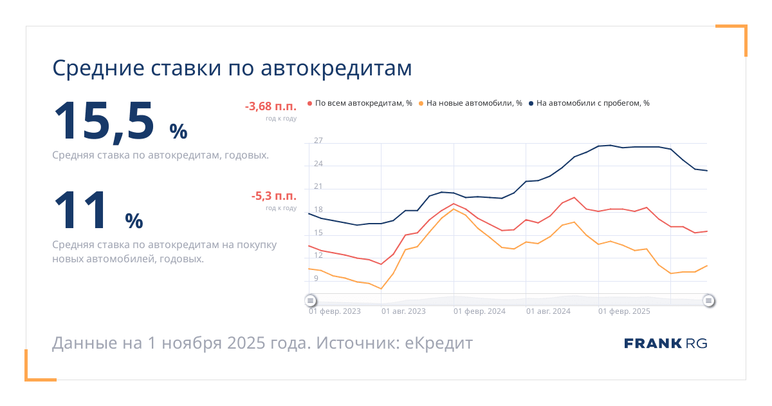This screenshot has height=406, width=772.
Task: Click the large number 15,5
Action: [104, 121]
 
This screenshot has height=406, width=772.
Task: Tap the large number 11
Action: [81, 210]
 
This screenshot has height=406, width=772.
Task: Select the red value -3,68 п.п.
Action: [270, 107]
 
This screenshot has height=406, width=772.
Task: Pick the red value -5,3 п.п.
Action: [273, 197]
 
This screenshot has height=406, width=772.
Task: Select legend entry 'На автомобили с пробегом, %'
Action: [593, 103]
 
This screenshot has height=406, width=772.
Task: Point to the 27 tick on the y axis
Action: [318, 140]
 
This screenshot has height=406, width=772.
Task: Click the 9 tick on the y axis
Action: [316, 278]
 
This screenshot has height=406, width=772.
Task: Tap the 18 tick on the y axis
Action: [318, 209]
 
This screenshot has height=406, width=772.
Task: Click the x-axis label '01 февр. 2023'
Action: [335, 311]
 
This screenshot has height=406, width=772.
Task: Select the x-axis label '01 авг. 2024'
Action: [548, 311]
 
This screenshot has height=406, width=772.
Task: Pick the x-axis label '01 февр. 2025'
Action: [624, 311]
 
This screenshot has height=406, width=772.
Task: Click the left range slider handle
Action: [310, 300]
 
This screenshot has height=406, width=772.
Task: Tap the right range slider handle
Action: [708, 300]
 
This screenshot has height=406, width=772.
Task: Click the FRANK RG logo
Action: [665, 343]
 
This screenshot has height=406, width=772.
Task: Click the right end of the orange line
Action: [707, 266]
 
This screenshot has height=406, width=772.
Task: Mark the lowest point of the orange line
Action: [381, 289]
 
